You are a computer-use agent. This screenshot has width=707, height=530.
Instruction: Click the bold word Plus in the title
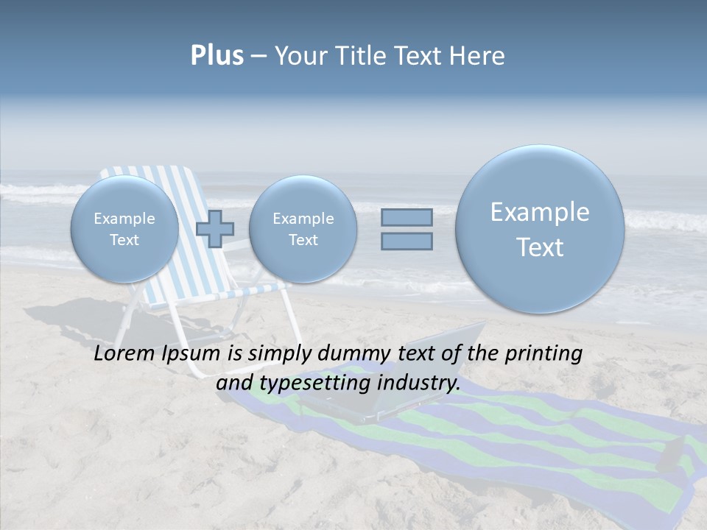(x=217, y=55)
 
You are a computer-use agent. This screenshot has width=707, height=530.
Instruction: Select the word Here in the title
(x=479, y=56)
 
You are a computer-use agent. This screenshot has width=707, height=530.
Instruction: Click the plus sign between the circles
(x=215, y=229)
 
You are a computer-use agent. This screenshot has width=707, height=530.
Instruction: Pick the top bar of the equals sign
(x=407, y=217)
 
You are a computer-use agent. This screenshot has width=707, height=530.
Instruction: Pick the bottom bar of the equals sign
(x=407, y=241)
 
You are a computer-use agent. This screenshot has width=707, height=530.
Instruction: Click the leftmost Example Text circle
(x=124, y=229)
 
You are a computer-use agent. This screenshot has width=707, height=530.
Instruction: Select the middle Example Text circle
(x=303, y=229)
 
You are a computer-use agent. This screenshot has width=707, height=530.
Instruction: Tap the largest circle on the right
(x=540, y=229)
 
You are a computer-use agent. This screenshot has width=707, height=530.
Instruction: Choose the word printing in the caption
(x=543, y=354)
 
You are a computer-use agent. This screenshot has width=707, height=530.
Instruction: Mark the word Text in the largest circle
(x=540, y=247)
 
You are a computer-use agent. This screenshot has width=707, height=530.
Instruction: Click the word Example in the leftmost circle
(x=124, y=219)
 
